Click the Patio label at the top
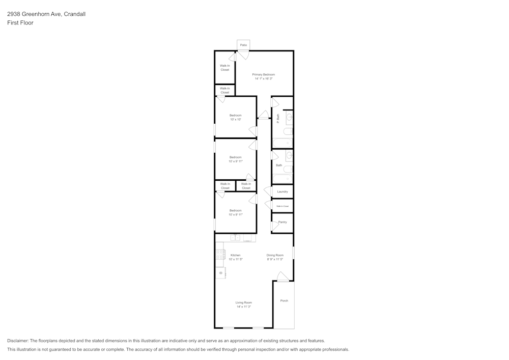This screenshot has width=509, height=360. coord(243,45)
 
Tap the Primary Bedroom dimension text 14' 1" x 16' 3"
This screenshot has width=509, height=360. coord(264,79)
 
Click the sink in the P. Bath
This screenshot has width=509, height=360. coord(289,118)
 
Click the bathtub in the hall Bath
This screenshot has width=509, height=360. coord(282,178)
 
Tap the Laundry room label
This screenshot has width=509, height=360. coord(282,191)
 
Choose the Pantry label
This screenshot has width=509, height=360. coord(282,222)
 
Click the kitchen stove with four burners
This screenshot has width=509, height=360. coord(220,255)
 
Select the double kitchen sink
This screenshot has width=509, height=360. coord(236,237)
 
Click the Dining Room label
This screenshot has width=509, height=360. coord(275,255)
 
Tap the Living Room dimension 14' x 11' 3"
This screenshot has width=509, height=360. coord(243,307)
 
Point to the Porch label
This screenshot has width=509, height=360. coord(284,300)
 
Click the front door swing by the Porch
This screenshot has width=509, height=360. coord(283,276)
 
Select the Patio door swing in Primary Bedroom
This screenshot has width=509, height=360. coord(244,54)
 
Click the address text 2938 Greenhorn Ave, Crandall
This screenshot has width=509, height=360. coord(46,14)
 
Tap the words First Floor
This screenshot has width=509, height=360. coord(20,23)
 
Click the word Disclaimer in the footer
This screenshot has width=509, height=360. coord(18,341)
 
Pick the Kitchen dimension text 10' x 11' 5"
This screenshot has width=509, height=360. coord(235,259)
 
